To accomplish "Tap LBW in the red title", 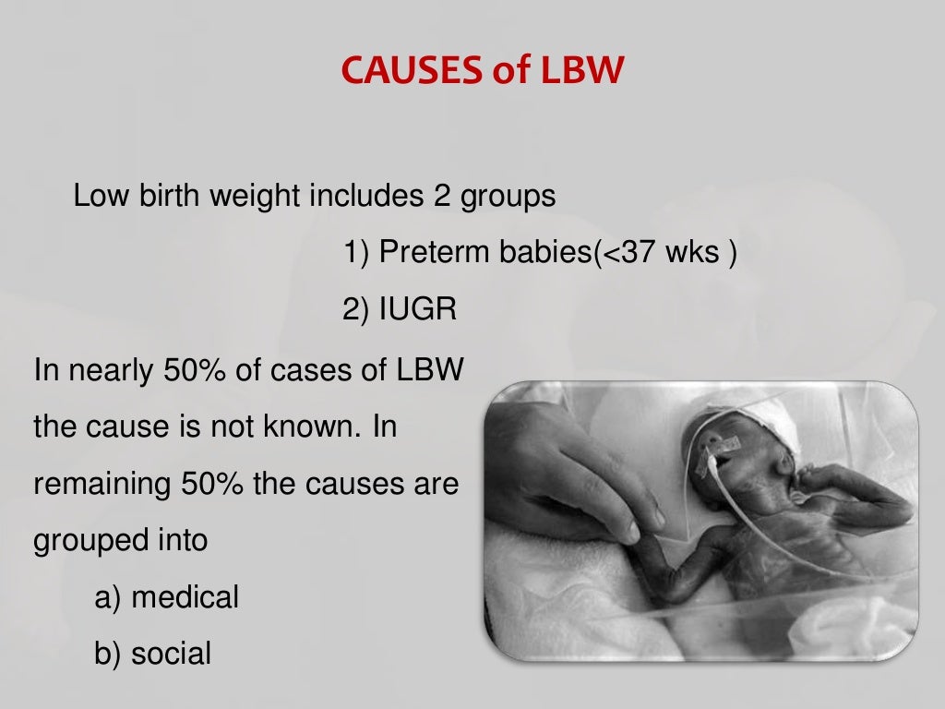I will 576,71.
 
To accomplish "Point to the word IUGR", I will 416,310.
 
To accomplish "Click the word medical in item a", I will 185,597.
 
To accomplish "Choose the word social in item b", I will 172,655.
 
